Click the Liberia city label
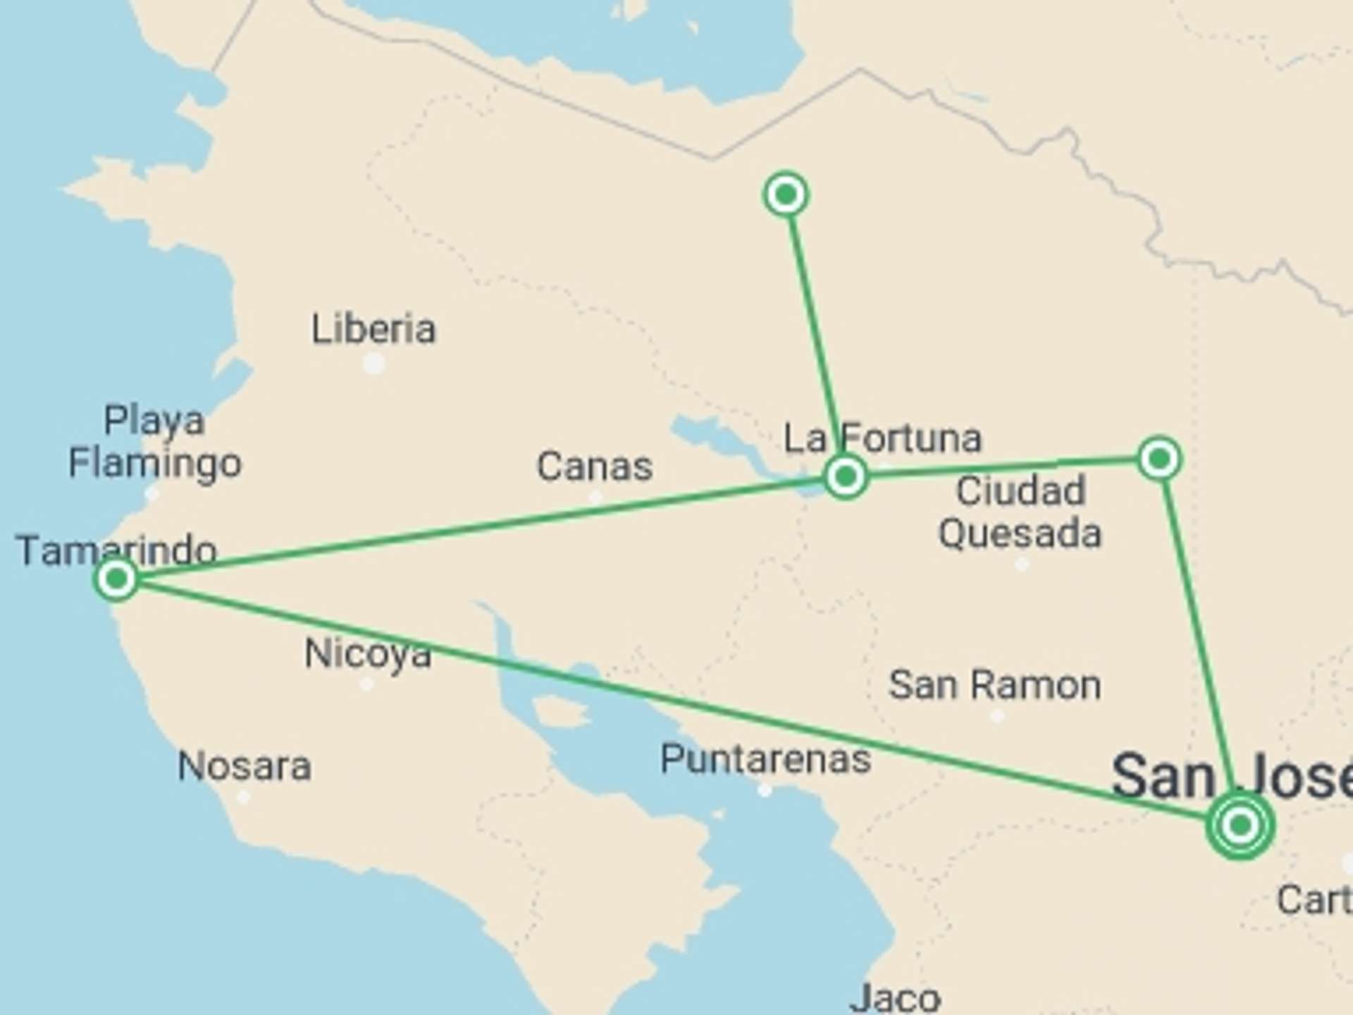coord(373,329)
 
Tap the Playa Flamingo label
coord(154,442)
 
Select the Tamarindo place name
coord(117,550)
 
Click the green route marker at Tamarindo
coord(116,579)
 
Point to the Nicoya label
coord(368,653)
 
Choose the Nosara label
coord(244,766)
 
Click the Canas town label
coord(595,467)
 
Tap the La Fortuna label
coord(883,438)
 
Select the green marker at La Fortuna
coord(845,477)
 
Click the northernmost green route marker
coord(786,194)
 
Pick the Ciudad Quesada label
coord(1020,512)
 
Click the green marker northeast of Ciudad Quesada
coord(1159,460)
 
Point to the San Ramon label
coord(994,685)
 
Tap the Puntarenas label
coord(765,759)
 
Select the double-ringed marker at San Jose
coord(1240,825)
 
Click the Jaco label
coord(895,997)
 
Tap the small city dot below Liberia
coord(373,364)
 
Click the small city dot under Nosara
coord(243,797)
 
